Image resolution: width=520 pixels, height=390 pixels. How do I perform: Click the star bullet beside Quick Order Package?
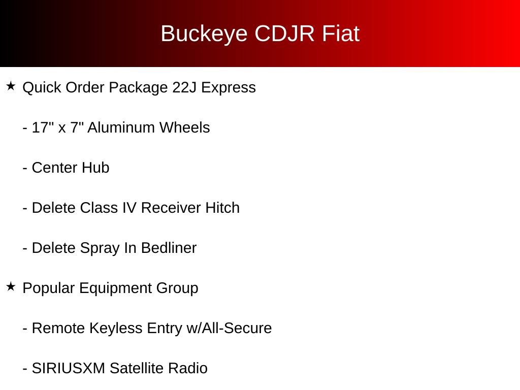coord(11,86)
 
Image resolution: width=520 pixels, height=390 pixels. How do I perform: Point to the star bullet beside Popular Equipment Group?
coord(11,287)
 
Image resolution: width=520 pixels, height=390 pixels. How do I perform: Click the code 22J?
coord(184,87)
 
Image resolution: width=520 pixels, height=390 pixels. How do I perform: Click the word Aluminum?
coord(121,127)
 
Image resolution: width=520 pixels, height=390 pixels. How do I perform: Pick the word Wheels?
coord(185,127)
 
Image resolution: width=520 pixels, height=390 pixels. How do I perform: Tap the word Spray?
coord(97,248)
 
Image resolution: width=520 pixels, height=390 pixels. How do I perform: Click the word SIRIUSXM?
coord(69,368)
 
